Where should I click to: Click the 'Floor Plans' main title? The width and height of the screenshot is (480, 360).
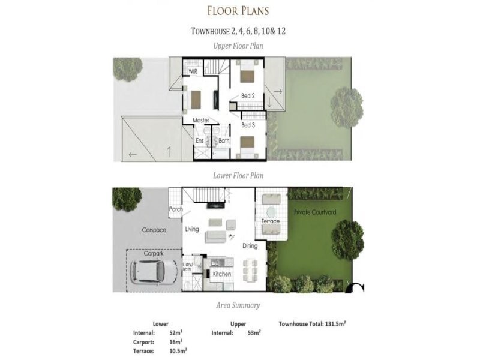click(x=238, y=11)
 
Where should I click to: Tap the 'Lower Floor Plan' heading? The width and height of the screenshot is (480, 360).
click(x=238, y=176)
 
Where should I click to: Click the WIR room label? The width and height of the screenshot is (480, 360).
click(x=193, y=71)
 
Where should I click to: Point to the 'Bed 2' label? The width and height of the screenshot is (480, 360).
click(x=248, y=96)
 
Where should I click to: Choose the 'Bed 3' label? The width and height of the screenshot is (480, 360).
click(x=248, y=125)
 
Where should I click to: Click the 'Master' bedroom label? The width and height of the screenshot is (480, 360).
click(x=201, y=121)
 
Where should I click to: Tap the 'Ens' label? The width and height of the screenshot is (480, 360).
click(x=200, y=141)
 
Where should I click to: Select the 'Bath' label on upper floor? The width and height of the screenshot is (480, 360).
click(x=223, y=141)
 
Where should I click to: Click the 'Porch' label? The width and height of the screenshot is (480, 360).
click(x=176, y=209)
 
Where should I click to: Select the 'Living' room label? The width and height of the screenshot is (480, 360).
click(x=192, y=229)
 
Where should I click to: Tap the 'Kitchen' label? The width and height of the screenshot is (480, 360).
click(x=222, y=274)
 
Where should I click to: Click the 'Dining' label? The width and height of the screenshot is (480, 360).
click(x=250, y=246)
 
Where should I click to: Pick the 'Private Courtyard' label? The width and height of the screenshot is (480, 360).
click(x=314, y=212)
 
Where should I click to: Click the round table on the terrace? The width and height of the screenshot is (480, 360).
click(x=271, y=212)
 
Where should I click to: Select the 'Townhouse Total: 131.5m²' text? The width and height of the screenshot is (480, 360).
click(x=312, y=323)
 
